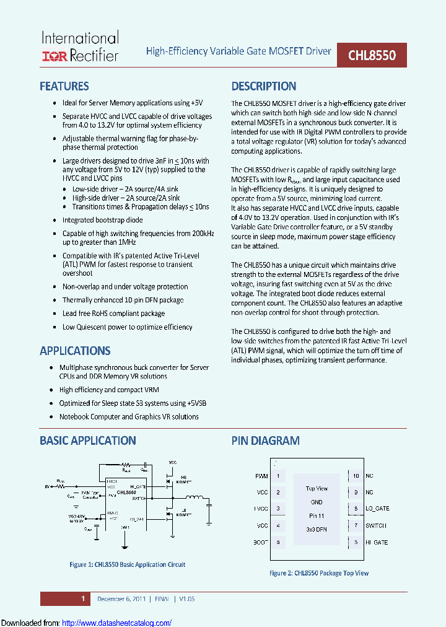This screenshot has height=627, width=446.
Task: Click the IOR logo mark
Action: coord(54,56)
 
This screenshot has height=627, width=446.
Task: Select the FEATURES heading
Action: coord(64,86)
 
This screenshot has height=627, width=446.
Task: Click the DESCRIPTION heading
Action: coord(264,86)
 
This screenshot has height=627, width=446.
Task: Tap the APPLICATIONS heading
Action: coord(75,351)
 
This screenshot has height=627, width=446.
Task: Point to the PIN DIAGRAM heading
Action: coord(265,441)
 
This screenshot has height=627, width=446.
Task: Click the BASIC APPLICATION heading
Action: coord(87,441)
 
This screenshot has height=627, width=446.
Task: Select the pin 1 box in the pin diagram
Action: coord(278,476)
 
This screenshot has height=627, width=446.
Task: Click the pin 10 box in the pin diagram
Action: coord(356,476)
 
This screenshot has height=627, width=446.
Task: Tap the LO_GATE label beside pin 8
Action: coord(377,509)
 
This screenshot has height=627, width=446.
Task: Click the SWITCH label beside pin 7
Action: coord(376,525)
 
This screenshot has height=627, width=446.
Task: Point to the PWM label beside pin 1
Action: coord(261,476)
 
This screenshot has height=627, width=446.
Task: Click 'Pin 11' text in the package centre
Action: coord(317,515)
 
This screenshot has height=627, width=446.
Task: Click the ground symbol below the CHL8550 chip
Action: coord(125,545)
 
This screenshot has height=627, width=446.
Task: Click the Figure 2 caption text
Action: coord(318,573)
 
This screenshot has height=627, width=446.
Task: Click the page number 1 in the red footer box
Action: coord(82,598)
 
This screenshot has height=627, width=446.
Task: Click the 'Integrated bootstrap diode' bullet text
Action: coord(102,220)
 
